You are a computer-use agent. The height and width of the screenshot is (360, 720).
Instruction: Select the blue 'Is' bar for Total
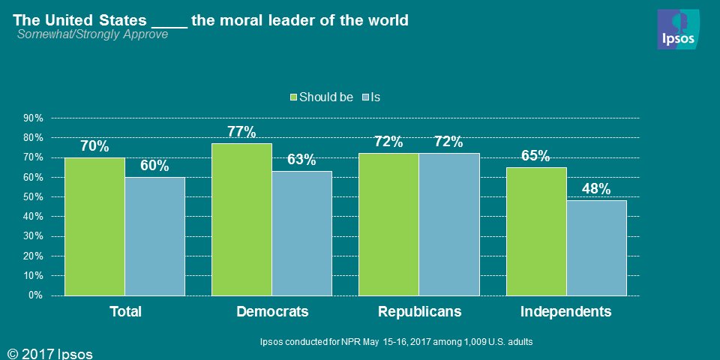coord(154,236)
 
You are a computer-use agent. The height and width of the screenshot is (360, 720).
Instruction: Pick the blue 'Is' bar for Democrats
coord(301,233)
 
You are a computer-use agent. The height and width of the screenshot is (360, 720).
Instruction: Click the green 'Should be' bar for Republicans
coord(388,224)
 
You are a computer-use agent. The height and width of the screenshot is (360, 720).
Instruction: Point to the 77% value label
coord(241,133)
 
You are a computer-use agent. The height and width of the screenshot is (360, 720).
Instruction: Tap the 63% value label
coord(301,160)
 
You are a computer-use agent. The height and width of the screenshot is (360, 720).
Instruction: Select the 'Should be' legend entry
coord(322,97)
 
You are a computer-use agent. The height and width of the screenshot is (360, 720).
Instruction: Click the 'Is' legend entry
coord(371,97)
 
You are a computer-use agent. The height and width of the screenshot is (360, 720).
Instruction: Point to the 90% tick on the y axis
coord(34,118)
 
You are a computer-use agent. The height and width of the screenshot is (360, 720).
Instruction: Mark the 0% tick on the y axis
coord(36,295)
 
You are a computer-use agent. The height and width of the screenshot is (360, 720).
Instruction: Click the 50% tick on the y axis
coord(34,197)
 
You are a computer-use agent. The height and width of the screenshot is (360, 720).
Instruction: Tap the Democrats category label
coord(272,311)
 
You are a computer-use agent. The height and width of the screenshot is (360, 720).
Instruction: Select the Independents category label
coord(566,311)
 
